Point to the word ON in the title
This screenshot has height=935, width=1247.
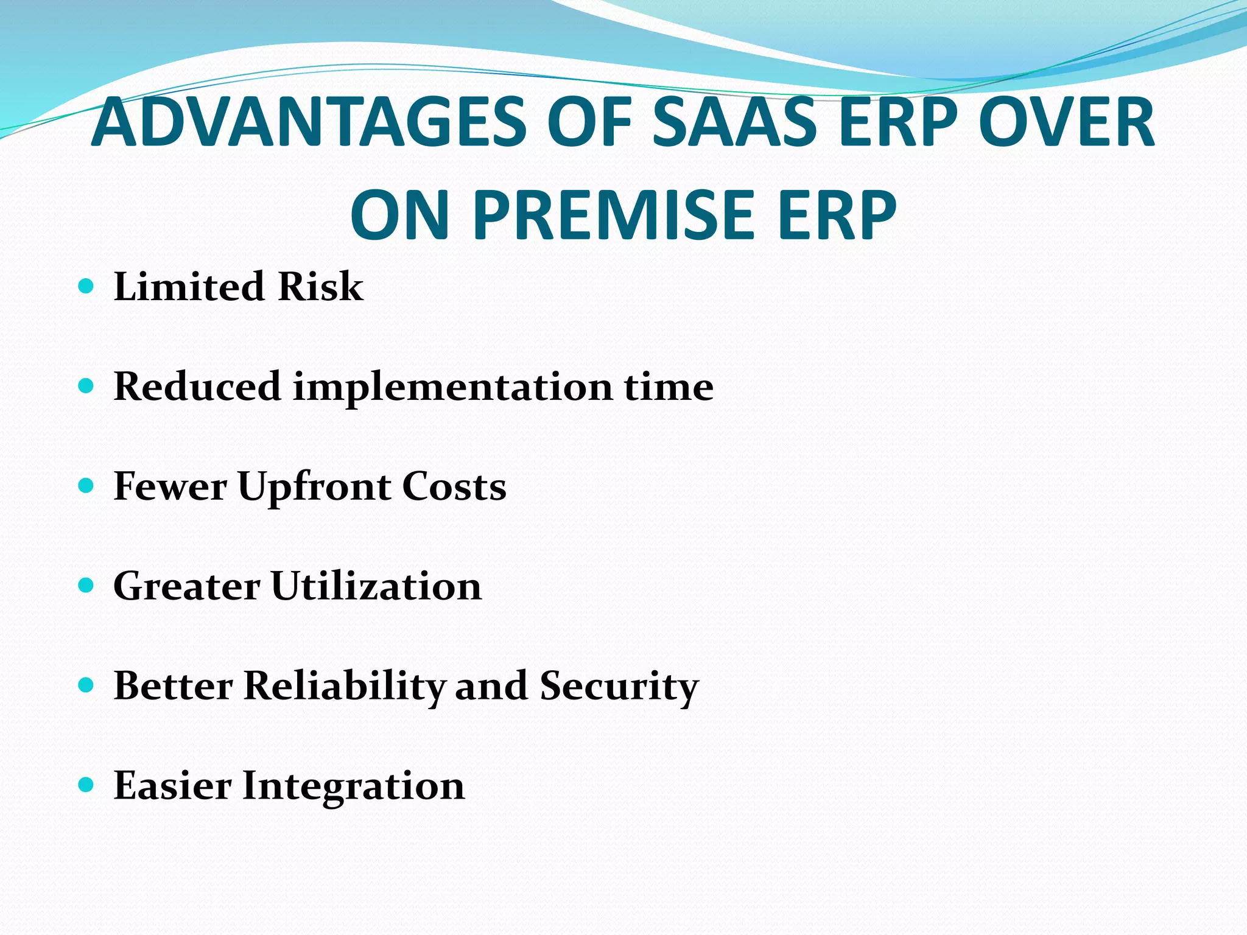coord(400,215)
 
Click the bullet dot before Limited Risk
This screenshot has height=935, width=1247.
coord(86,286)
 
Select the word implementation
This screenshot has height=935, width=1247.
coord(452,387)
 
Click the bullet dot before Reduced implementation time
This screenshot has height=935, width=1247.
coord(86,386)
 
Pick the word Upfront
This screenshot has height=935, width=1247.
coord(314,487)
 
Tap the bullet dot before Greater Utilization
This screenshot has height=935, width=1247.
coord(86,586)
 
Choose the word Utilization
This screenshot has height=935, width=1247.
coord(376,586)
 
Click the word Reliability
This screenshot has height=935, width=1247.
coord(344,687)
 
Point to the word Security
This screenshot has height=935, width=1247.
coord(619,687)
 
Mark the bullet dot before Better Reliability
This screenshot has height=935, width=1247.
coord(86,685)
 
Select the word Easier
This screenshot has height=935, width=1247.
coord(172,786)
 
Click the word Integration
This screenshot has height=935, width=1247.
coord(354,786)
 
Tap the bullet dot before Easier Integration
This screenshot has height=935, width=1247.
coord(86,785)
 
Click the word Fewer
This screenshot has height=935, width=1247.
coord(170,487)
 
